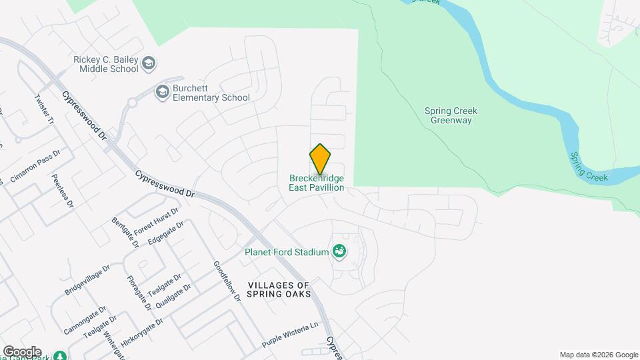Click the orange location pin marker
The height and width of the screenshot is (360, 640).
coord(320,159)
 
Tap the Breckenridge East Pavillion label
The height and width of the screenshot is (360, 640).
coord(317,183)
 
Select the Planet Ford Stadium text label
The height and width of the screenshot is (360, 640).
coord(287,252)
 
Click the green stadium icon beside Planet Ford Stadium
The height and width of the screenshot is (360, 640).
coord(339,251)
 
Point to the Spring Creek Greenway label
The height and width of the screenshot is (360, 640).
coord(451,115)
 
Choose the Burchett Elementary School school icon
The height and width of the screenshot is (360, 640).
coord(161,91)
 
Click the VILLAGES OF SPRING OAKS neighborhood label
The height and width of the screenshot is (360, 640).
coord(279,289)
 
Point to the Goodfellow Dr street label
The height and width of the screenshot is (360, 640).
coord(227,281)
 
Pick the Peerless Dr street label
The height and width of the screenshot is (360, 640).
coord(61,191)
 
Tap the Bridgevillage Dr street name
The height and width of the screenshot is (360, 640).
coord(87,281)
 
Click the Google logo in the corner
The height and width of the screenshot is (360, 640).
coord(21,352)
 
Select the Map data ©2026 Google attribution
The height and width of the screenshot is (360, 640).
coord(599,355)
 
